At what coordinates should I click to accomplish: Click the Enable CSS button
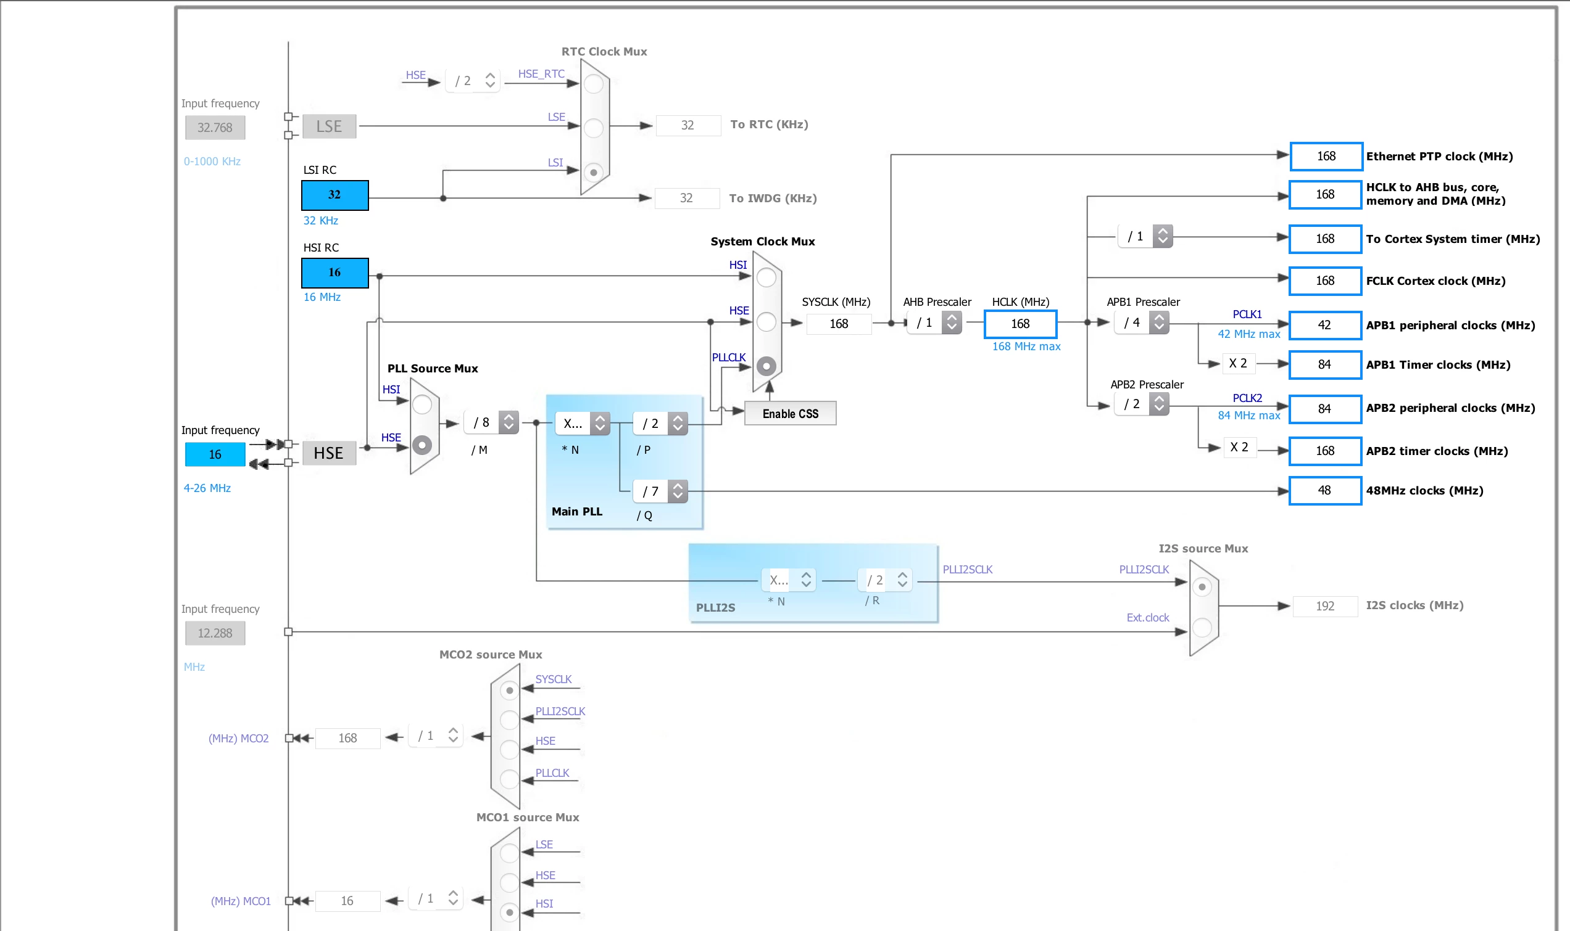point(790,414)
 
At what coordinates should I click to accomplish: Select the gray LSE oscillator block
point(329,126)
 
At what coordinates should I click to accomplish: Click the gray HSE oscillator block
point(329,453)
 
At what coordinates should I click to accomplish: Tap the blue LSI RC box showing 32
point(334,195)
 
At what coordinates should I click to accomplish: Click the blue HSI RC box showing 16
point(334,273)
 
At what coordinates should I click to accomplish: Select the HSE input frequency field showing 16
point(215,454)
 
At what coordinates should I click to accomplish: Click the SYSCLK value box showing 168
point(839,324)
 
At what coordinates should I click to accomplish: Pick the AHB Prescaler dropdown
point(934,323)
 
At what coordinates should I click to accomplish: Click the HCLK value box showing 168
point(1020,324)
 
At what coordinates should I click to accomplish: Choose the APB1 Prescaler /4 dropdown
point(1142,322)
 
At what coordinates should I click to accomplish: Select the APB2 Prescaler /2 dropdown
point(1142,404)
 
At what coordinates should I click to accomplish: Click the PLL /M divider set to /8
point(491,422)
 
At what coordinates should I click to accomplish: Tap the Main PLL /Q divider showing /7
point(660,491)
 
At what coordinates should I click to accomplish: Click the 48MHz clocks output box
point(1325,491)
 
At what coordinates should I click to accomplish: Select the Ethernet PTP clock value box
point(1326,156)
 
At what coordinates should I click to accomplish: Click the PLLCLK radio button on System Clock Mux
point(766,366)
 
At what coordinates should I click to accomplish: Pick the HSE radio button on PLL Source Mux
point(422,445)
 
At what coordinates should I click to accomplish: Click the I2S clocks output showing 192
point(1325,606)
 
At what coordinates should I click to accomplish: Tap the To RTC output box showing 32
point(688,125)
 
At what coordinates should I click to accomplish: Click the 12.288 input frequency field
point(215,633)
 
